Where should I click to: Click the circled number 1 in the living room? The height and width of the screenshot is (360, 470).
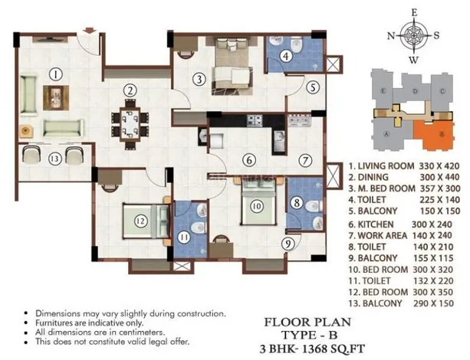coord(55,74)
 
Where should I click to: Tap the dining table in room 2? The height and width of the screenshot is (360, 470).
coord(130,124)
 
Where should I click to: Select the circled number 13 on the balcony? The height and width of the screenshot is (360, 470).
coord(55,159)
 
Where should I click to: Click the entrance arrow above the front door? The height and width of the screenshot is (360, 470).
coord(90,31)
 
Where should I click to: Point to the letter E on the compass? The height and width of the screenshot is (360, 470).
coord(414,13)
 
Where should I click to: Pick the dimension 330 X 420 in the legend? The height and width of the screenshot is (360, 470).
coord(439,166)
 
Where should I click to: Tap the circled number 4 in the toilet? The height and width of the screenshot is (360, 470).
coord(286,56)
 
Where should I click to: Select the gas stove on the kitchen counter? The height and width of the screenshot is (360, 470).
coord(255,120)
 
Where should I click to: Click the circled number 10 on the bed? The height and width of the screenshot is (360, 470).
coord(257,206)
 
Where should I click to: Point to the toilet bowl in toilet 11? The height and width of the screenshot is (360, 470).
coord(198,227)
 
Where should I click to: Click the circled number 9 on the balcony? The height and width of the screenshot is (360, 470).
coord(288,244)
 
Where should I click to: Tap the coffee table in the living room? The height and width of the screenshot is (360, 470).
coord(56,97)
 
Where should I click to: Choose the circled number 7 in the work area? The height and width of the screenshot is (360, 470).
coord(305,161)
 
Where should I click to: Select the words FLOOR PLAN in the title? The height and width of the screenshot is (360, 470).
coord(307,322)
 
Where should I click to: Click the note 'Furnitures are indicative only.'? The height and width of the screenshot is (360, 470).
coord(90,323)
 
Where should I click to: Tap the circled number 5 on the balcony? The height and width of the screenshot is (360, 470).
coord(313,87)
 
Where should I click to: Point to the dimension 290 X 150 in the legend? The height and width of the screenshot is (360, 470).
coord(433,303)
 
